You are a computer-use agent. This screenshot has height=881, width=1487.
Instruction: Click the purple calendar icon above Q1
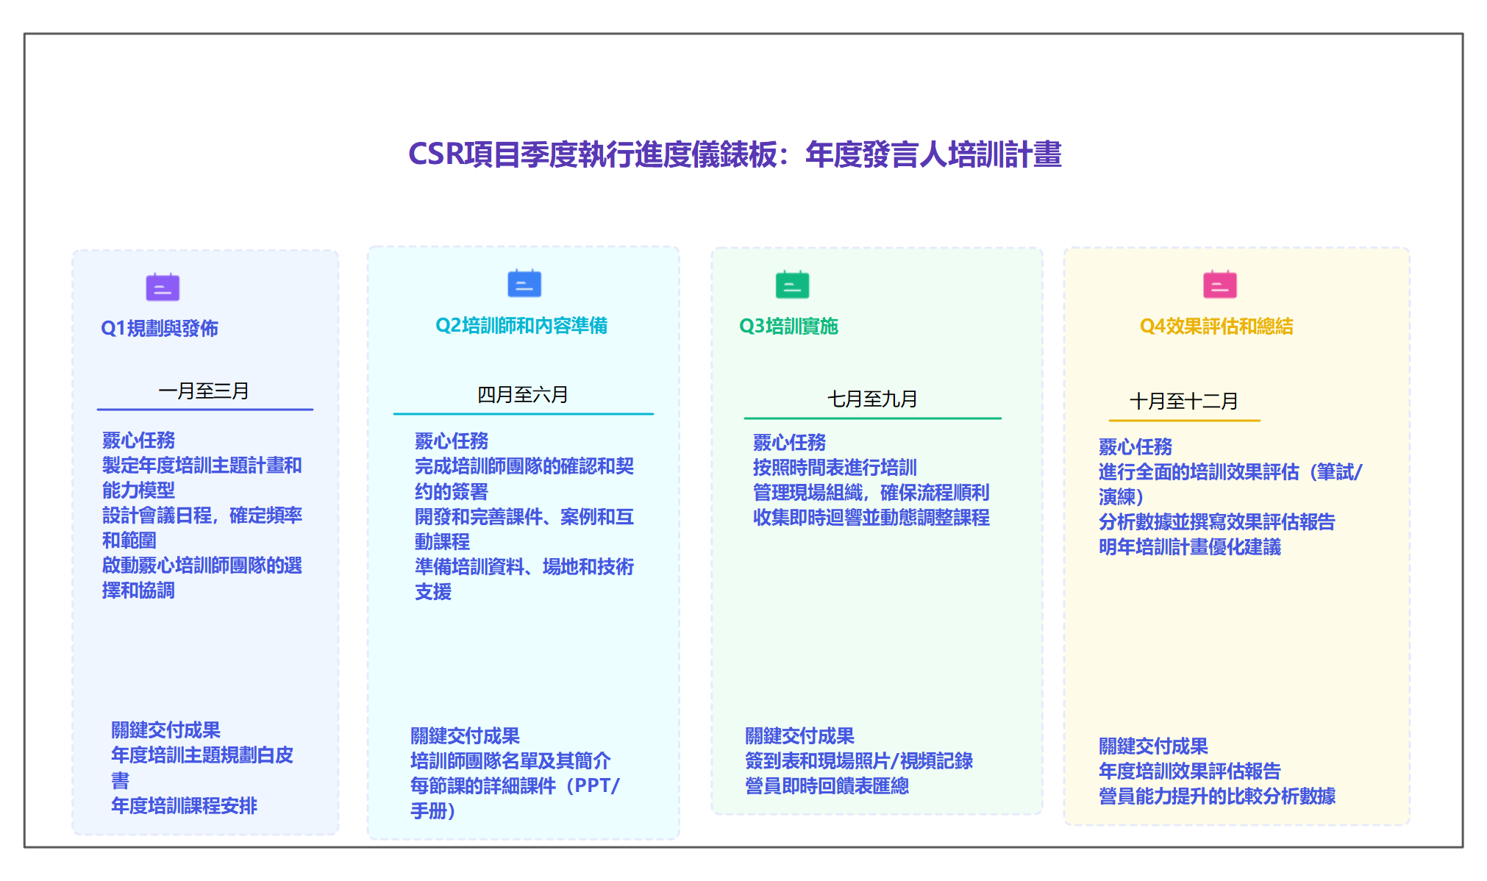coord(163,287)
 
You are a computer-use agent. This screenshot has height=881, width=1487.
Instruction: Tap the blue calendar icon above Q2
coord(524,284)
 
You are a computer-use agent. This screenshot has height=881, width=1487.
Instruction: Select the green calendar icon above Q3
coord(792,285)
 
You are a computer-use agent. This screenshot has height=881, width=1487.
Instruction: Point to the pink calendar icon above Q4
coord(1219,285)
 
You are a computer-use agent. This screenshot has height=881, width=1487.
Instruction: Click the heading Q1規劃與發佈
coord(160,328)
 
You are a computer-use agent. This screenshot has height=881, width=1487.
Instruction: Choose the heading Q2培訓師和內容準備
coord(521,325)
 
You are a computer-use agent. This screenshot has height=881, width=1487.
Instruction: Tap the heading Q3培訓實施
coord(788,326)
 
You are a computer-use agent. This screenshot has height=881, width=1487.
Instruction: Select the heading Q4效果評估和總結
coord(1216,326)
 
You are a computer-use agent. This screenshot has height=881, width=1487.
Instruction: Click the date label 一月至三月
coord(204,390)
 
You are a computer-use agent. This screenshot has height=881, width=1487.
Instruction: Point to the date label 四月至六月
coord(523,395)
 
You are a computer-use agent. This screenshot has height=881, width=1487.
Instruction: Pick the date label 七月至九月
coord(872,399)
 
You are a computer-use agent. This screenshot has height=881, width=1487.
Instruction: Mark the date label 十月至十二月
coord(1184,401)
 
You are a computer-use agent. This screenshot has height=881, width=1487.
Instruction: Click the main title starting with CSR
coord(735,154)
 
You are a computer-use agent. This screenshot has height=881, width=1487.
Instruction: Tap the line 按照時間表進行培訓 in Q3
coord(835,468)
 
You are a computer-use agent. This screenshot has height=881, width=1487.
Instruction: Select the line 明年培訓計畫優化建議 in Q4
coord(1190,547)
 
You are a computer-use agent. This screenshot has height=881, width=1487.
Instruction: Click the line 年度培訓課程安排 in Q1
coord(184,806)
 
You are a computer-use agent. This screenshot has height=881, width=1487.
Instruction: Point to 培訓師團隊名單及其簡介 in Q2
coord(510,760)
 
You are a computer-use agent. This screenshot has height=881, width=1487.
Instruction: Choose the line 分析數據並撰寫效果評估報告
coord(1216,522)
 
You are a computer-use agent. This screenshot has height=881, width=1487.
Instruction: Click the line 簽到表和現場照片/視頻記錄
coord(859,760)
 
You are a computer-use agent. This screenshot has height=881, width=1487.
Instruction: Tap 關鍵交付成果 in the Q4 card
coord(1153,746)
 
